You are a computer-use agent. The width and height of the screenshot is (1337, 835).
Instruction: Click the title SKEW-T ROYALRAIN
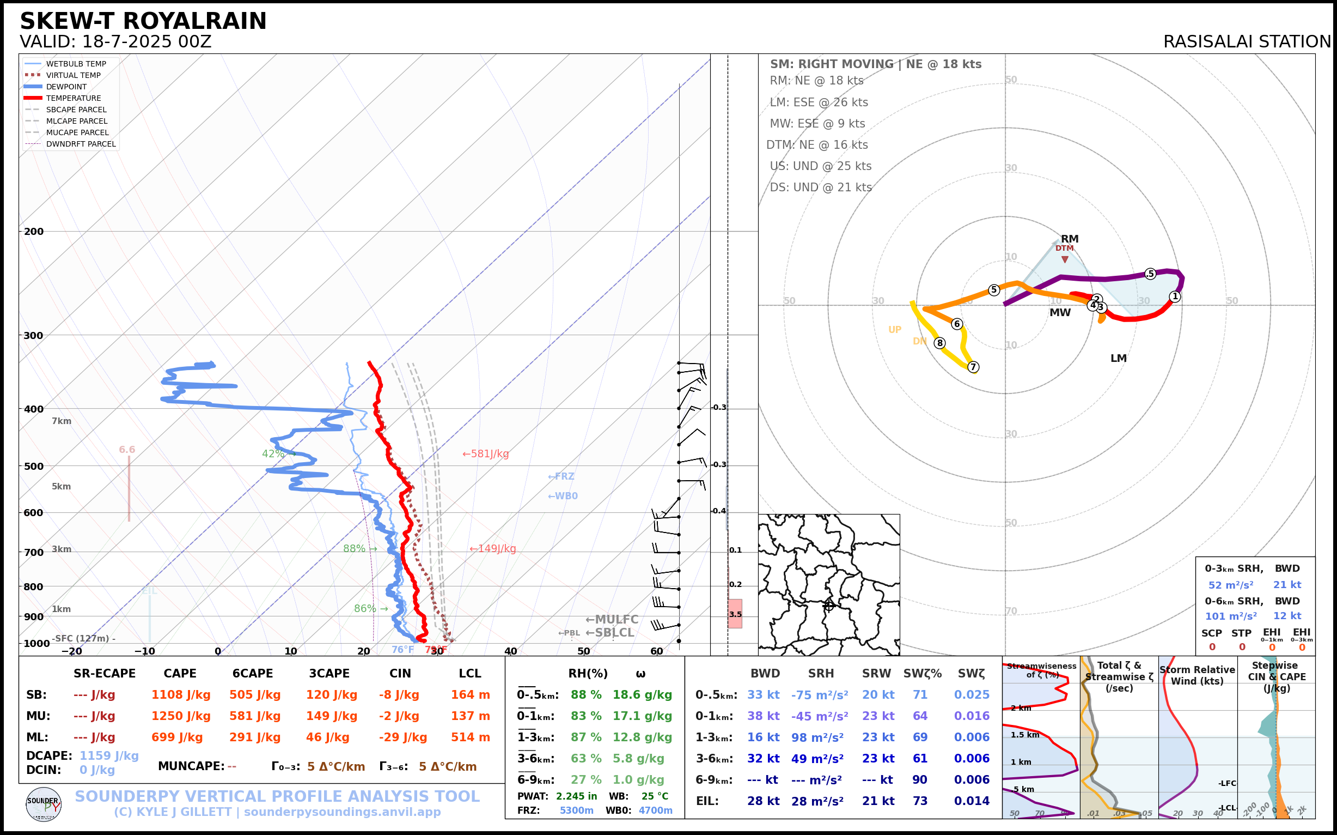tap(143, 21)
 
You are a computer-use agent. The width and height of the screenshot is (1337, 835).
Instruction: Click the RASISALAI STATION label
tap(1247, 41)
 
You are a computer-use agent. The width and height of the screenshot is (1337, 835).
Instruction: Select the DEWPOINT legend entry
tap(66, 87)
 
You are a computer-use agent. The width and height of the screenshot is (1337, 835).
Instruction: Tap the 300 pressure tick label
tap(33, 335)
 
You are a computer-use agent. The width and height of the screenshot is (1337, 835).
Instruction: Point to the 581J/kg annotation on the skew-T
tap(486, 454)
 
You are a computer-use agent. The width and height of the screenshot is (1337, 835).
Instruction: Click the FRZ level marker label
tap(561, 476)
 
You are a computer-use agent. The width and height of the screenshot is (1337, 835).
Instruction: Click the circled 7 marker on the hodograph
tap(973, 367)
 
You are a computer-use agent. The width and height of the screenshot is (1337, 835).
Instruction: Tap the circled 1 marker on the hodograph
tap(1175, 297)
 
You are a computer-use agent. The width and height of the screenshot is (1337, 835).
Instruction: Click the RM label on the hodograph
tap(1070, 239)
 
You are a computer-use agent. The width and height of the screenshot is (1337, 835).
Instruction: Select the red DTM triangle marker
tap(1064, 259)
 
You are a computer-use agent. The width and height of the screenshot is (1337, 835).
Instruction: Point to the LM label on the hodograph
tap(1118, 359)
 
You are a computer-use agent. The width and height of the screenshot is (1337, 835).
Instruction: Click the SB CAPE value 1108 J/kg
tap(181, 695)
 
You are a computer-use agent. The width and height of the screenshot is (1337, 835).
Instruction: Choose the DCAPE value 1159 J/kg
tap(109, 755)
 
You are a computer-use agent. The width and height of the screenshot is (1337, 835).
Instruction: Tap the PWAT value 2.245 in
tap(576, 796)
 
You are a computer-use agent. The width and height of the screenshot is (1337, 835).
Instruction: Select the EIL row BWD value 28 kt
tap(763, 801)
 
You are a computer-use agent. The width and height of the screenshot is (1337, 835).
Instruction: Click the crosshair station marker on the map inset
tap(828, 606)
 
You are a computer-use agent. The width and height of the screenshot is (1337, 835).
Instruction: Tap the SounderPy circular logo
tap(44, 804)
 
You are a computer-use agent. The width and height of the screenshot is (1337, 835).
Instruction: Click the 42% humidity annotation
tap(273, 454)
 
